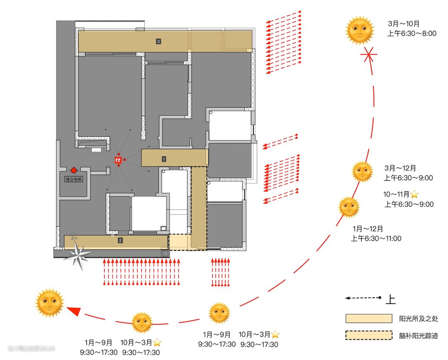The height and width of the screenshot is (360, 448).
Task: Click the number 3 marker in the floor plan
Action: point(158,41)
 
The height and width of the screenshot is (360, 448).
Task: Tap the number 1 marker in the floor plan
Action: point(164,158)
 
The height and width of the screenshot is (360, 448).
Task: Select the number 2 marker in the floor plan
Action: point(120,240)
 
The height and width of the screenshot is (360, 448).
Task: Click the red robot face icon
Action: point(118,160)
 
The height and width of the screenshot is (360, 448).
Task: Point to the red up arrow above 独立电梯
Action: point(73,169)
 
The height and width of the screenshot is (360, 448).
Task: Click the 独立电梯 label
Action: point(73,179)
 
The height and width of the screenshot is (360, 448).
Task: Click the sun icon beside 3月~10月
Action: point(359,30)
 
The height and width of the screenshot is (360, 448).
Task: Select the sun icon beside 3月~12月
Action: point(362,171)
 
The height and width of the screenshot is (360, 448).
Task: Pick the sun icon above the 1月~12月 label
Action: point(349,207)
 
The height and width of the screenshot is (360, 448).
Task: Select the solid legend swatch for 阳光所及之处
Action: point(369,319)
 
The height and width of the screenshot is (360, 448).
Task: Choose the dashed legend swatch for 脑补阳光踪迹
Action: point(369,335)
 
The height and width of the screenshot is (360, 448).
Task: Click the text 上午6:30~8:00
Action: point(411,34)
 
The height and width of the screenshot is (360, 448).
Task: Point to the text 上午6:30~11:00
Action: point(376,238)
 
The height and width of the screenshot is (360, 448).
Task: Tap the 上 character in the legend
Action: point(391,299)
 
